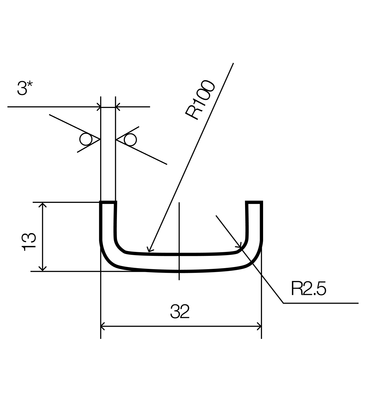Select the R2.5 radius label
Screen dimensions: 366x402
(x=309, y=288)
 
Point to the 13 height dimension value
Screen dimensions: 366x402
(x=29, y=242)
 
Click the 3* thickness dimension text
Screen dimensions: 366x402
(x=25, y=88)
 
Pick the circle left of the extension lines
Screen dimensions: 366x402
(x=86, y=139)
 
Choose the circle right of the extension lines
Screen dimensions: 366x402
(x=130, y=139)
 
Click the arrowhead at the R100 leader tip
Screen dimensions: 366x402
(x=149, y=250)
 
